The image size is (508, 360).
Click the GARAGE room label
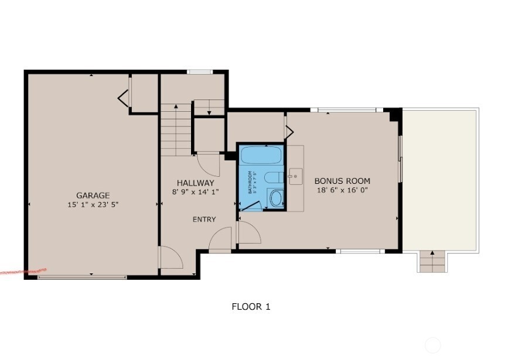point(93,196)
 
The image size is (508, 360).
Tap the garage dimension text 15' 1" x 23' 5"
point(93,204)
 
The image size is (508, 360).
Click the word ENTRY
point(204,220)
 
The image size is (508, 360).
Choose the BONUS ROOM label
point(342,181)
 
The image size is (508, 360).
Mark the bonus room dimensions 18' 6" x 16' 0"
point(342,190)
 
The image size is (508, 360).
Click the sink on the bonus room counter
point(294,175)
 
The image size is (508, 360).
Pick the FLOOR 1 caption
point(251,306)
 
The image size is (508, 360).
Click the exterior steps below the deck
point(432,262)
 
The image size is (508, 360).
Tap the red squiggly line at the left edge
point(22,272)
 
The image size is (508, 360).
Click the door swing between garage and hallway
point(170,258)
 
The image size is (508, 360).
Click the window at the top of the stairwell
point(200,72)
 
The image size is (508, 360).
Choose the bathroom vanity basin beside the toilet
point(275,197)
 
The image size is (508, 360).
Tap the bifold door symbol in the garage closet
point(124,98)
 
